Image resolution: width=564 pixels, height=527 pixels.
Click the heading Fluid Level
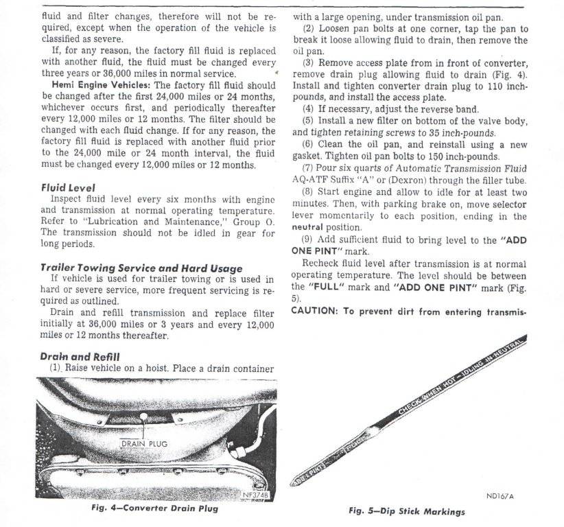pyautogui.click(x=68, y=188)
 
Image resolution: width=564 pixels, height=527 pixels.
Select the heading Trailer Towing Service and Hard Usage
pyautogui.click(x=141, y=268)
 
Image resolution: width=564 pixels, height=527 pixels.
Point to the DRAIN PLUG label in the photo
pyautogui.click(x=143, y=443)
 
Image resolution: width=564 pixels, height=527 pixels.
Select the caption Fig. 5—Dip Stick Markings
pyautogui.click(x=407, y=511)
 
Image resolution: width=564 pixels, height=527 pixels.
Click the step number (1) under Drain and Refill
pyautogui.click(x=56, y=368)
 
